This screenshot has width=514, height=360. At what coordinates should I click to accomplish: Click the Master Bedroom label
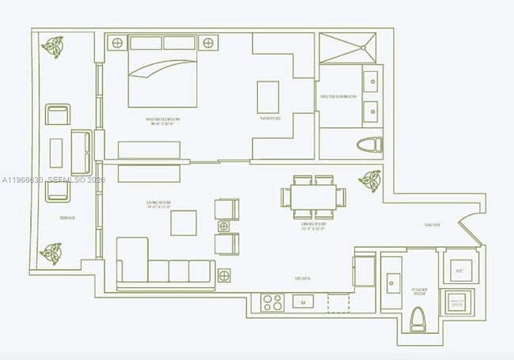[159, 123]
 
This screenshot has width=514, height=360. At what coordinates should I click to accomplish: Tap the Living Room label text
[158, 206]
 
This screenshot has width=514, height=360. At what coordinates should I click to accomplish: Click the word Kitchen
[303, 279]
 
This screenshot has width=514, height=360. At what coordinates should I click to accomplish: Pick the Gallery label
[433, 225]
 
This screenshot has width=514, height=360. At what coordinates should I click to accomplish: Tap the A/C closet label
[458, 271]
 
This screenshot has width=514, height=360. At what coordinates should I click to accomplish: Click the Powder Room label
[419, 292]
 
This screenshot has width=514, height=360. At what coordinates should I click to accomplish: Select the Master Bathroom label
[338, 97]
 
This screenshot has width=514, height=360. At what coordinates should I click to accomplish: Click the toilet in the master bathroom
[369, 145]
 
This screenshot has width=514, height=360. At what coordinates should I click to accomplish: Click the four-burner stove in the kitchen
[273, 301]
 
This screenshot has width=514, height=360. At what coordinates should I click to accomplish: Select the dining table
[314, 196]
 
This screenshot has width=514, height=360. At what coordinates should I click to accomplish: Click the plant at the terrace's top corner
[55, 47]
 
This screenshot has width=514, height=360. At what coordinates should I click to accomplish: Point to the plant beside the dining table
[369, 180]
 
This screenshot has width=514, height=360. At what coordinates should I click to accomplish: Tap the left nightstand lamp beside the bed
[116, 43]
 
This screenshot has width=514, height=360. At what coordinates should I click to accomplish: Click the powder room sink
[392, 282]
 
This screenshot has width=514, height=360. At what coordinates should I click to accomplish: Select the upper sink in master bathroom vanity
[371, 81]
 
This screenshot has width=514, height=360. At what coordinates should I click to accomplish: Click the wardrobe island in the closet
[267, 97]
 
